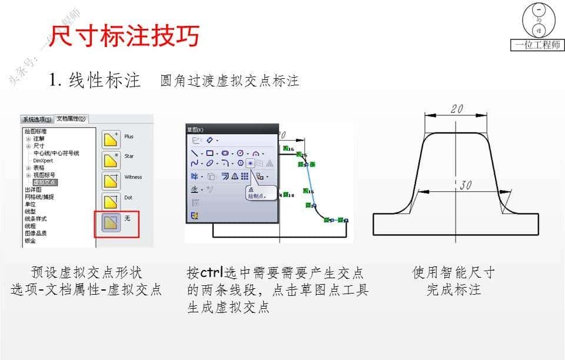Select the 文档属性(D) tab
71,119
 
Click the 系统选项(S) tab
37,119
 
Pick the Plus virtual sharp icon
111,139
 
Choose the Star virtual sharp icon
111,159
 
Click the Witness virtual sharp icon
111,180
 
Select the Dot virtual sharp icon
111,201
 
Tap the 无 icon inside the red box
111,222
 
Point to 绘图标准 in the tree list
35,131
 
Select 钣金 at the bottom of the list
30,240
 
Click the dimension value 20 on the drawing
457,109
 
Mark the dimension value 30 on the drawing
466,185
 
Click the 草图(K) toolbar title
195,129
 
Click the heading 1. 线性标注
95,81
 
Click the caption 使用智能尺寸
453,273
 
